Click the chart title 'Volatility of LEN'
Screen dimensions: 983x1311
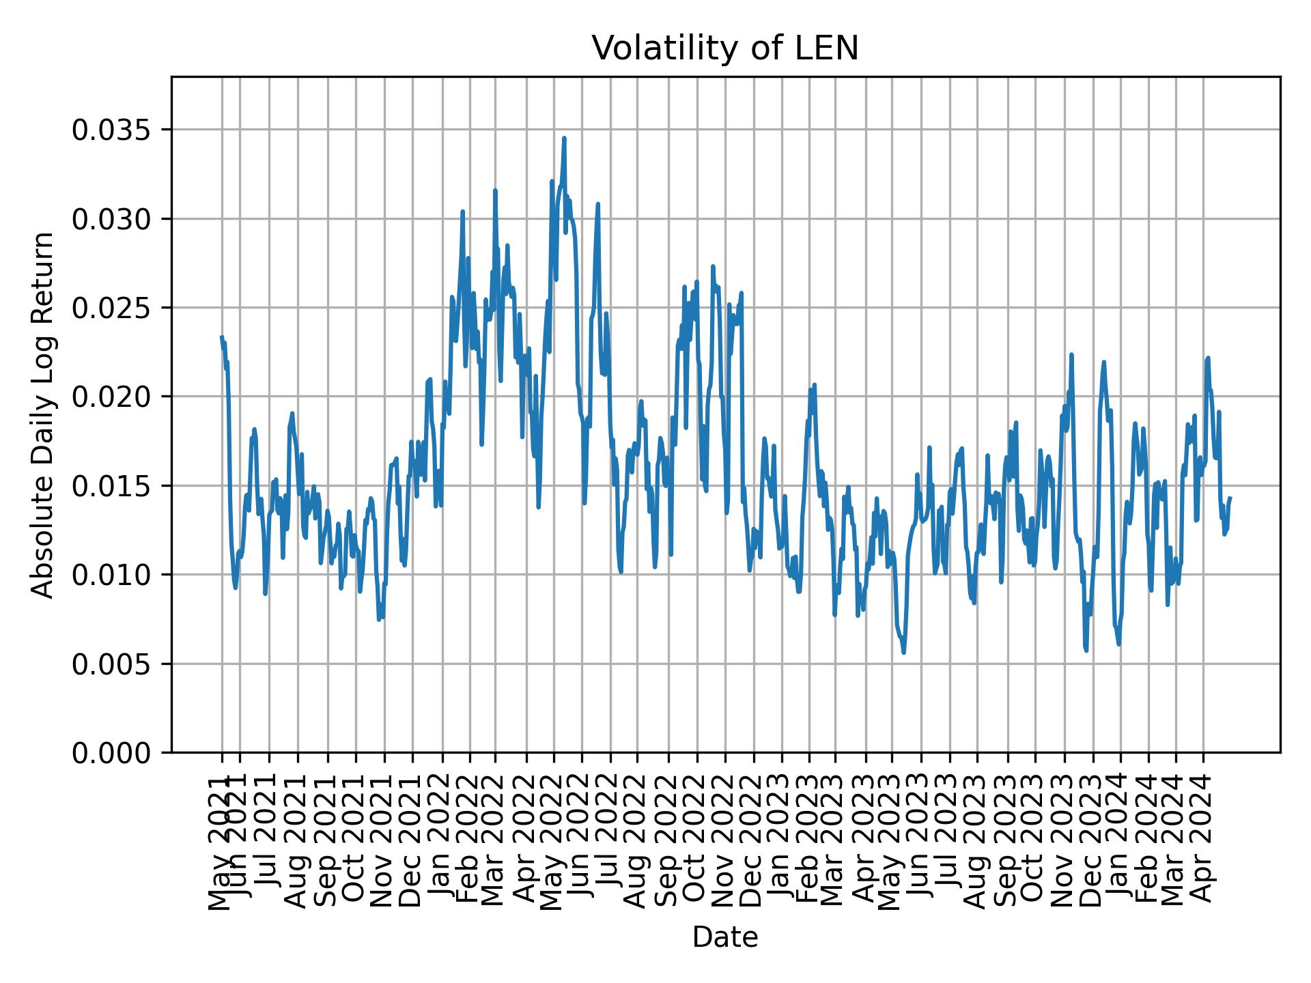pos(724,49)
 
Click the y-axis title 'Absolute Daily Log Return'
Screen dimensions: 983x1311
pos(44,415)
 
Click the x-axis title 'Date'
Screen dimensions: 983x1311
pos(724,938)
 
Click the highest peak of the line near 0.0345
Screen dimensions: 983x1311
pos(564,139)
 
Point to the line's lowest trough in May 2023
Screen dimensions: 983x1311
pos(904,653)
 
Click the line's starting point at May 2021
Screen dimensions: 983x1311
pos(222,337)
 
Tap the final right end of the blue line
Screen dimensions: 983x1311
pos(1230,498)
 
